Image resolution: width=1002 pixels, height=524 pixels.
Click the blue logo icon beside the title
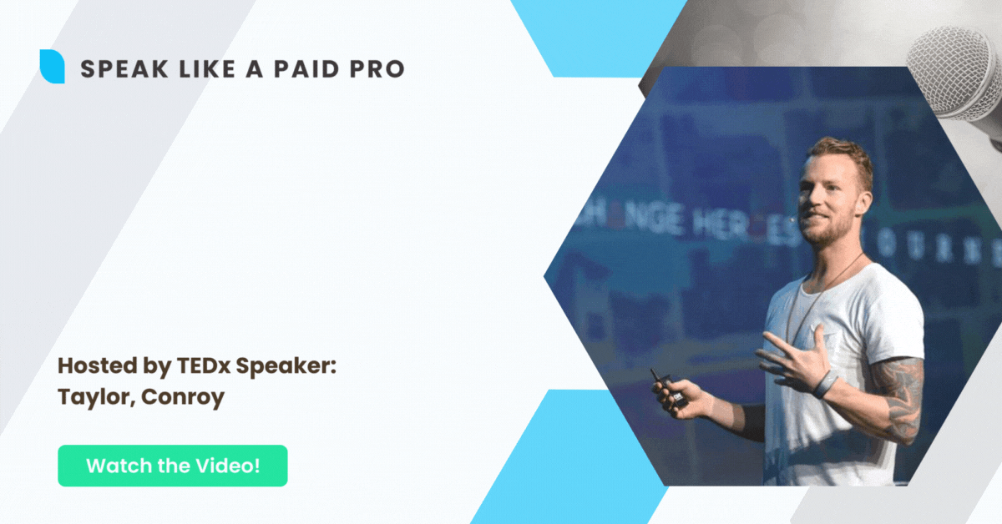coord(52,67)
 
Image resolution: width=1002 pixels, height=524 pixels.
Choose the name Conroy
coord(183,397)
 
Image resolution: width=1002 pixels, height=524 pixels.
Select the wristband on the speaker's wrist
coord(826,385)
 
